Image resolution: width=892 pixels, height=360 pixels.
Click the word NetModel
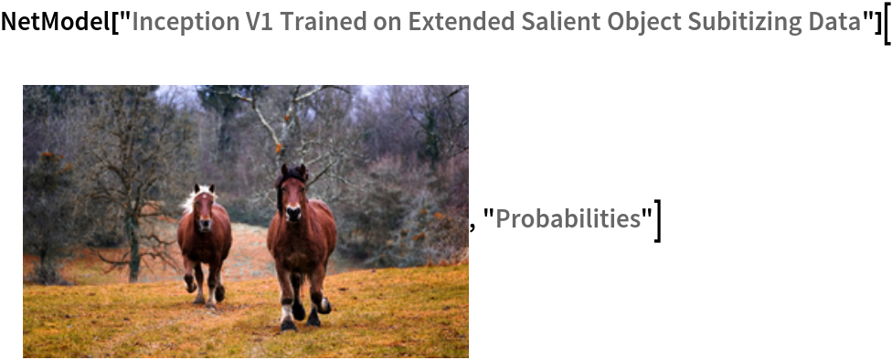(x=56, y=22)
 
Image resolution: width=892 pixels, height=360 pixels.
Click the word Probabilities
(x=568, y=218)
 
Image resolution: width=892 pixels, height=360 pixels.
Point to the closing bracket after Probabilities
(x=658, y=221)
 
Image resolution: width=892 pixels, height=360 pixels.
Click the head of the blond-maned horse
(x=205, y=208)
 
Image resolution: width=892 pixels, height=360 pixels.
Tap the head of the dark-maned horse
(x=292, y=194)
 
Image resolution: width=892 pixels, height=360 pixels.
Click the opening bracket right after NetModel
(x=116, y=22)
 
